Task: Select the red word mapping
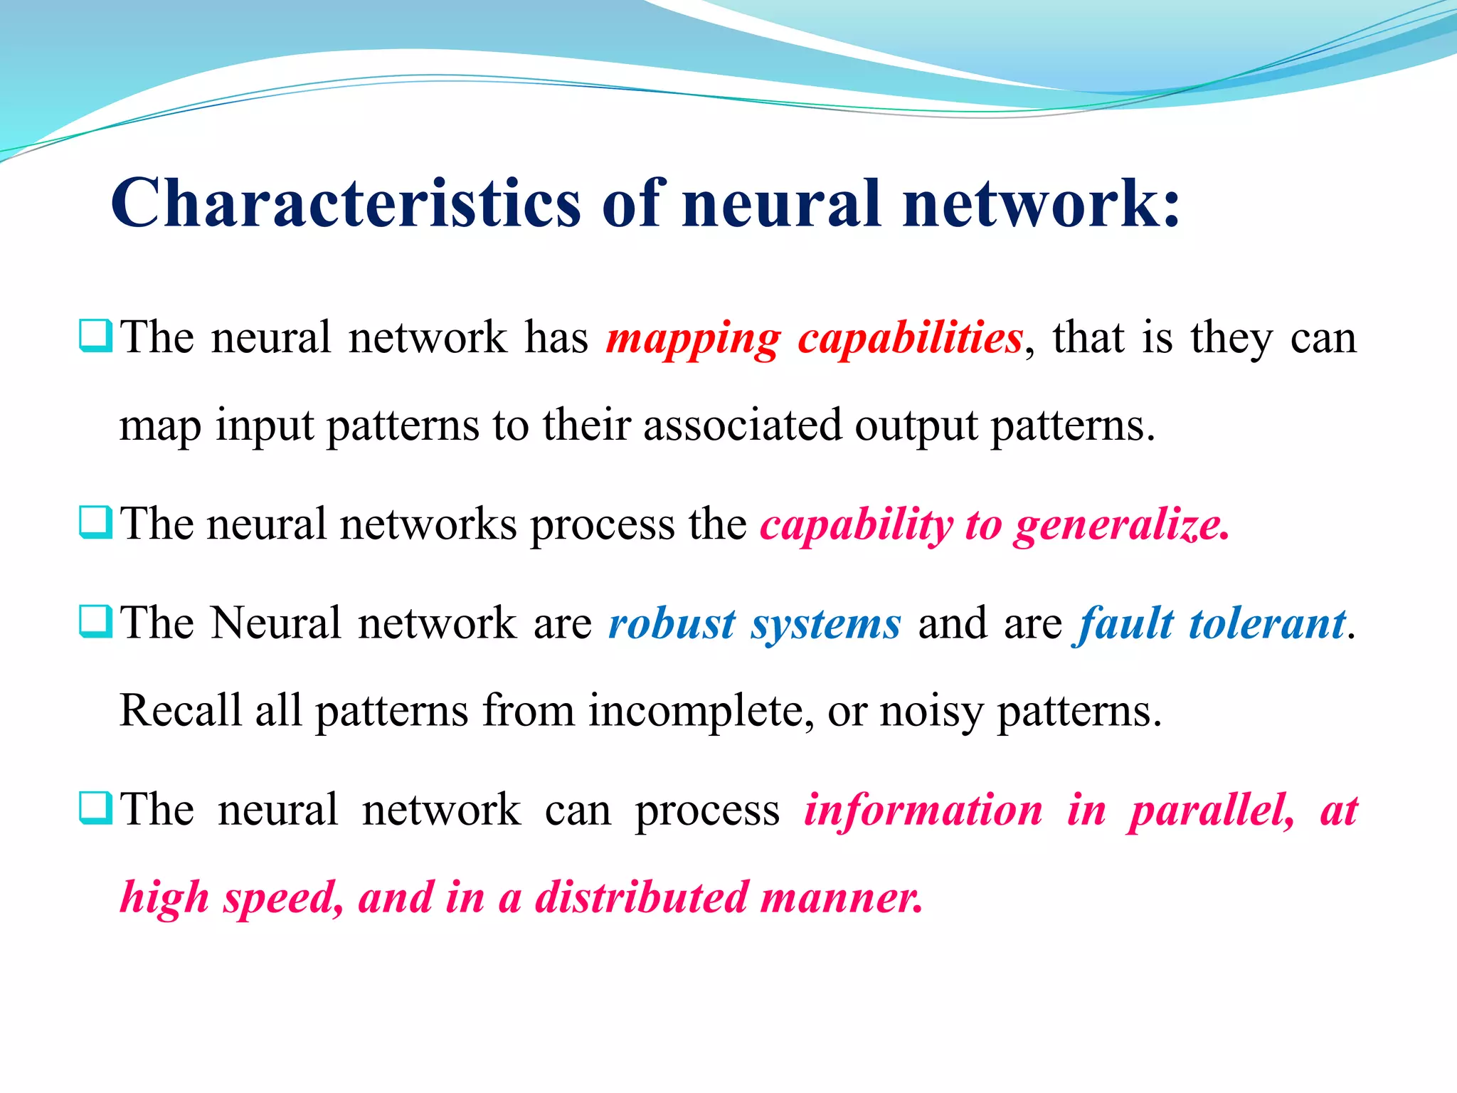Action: (693, 338)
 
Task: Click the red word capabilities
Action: (910, 338)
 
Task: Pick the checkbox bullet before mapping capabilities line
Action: (95, 336)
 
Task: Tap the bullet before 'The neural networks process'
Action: (95, 523)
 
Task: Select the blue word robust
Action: (672, 624)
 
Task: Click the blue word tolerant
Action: (1267, 624)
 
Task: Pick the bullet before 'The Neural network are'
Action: (95, 622)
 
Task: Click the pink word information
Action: (923, 810)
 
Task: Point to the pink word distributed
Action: (642, 897)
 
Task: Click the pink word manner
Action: (841, 897)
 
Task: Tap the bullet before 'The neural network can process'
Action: (95, 808)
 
